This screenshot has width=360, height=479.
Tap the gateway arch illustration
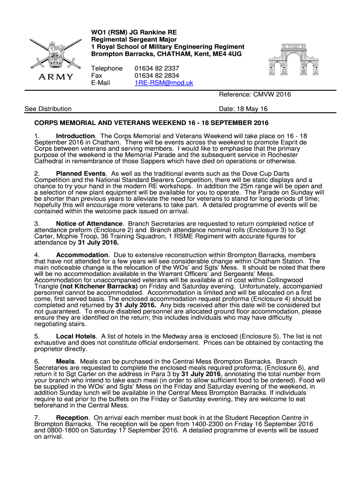pos(293,60)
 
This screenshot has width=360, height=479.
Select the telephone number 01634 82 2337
pos(157,68)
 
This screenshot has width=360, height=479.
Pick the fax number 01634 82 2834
pos(157,75)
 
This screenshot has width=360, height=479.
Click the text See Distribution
pos(48,109)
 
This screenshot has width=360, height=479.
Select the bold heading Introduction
pos(75,136)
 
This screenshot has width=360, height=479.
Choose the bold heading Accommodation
pos(82,255)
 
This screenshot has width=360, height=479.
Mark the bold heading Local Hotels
pos(76,336)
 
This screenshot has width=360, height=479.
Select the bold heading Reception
pos(72,418)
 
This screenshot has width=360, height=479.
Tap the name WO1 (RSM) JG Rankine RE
pos(134,32)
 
